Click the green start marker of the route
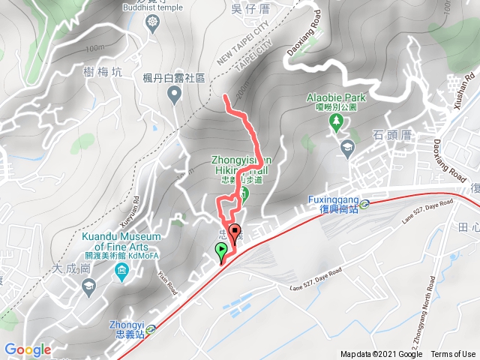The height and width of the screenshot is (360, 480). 221,251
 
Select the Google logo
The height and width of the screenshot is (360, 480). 28,349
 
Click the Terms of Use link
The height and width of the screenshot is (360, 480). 452,355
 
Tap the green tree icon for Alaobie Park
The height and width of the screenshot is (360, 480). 336,120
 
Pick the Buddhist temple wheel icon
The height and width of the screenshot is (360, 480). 153,22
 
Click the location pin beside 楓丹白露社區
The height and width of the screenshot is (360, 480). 175,94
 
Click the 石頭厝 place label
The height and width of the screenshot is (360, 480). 388,135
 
